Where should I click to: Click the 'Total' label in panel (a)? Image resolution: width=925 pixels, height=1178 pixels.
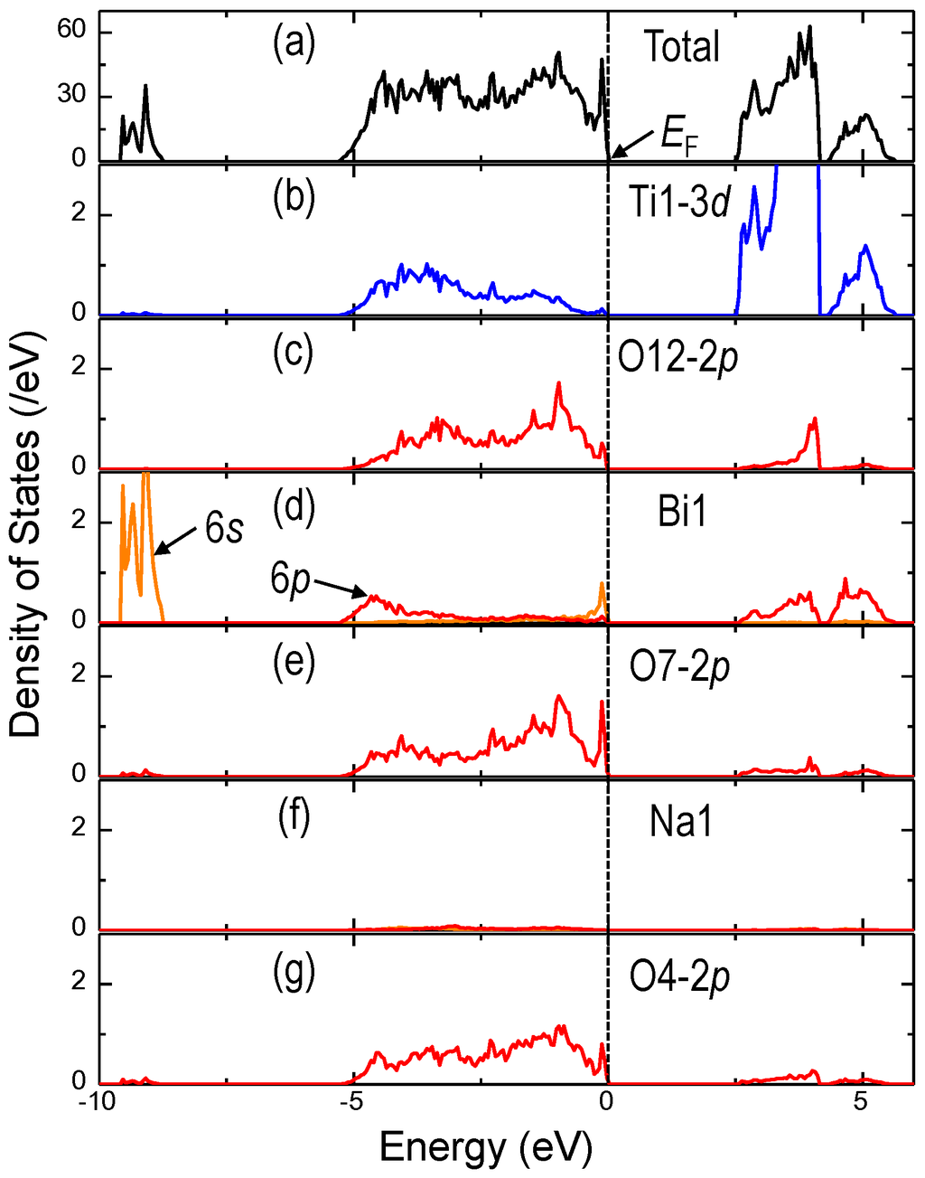coord(682,47)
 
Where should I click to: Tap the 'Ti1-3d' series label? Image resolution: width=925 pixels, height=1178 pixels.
coord(681,203)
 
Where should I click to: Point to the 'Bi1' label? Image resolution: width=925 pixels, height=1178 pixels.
coord(682,513)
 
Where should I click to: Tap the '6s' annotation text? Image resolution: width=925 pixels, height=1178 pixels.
coord(223,529)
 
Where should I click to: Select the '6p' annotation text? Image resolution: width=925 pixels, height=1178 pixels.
coord(290,579)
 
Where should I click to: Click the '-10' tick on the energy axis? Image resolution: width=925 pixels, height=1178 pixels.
coord(94,1104)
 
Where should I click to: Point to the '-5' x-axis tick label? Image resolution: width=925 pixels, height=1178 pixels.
coord(348,1104)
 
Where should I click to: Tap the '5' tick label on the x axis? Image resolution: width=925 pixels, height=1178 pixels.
coord(861,1104)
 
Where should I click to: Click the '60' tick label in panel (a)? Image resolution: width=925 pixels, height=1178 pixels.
coord(71,33)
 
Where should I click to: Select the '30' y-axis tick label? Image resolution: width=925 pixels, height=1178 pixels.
coord(71,97)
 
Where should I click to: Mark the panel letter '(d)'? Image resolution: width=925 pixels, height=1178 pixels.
coord(294,508)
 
